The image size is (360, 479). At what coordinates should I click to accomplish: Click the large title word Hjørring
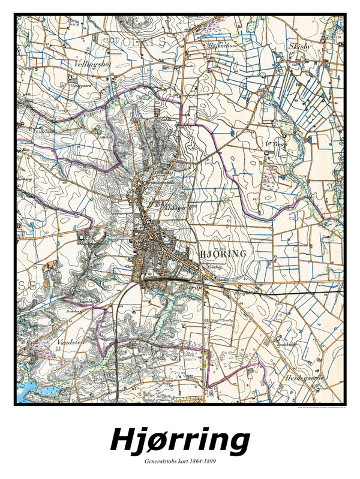tap(180, 440)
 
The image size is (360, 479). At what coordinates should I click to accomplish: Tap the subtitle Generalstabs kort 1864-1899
tap(180, 462)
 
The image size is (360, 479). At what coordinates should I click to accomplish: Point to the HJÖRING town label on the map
tap(222, 254)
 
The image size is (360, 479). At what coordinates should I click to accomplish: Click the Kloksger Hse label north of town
tap(174, 206)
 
